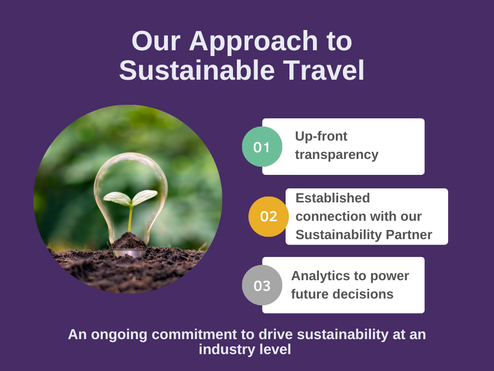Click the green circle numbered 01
click(x=262, y=147)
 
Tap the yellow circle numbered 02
click(x=268, y=216)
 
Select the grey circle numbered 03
click(x=262, y=285)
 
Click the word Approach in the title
click(x=253, y=42)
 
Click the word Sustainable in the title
click(x=197, y=71)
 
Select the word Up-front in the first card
click(x=321, y=136)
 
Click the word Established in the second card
click(x=333, y=198)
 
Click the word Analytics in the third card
click(x=318, y=276)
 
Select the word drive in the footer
click(x=276, y=334)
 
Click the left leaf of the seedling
click(x=117, y=199)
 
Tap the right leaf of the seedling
click(x=145, y=197)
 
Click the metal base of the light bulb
click(x=129, y=253)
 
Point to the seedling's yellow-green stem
click(x=130, y=219)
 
